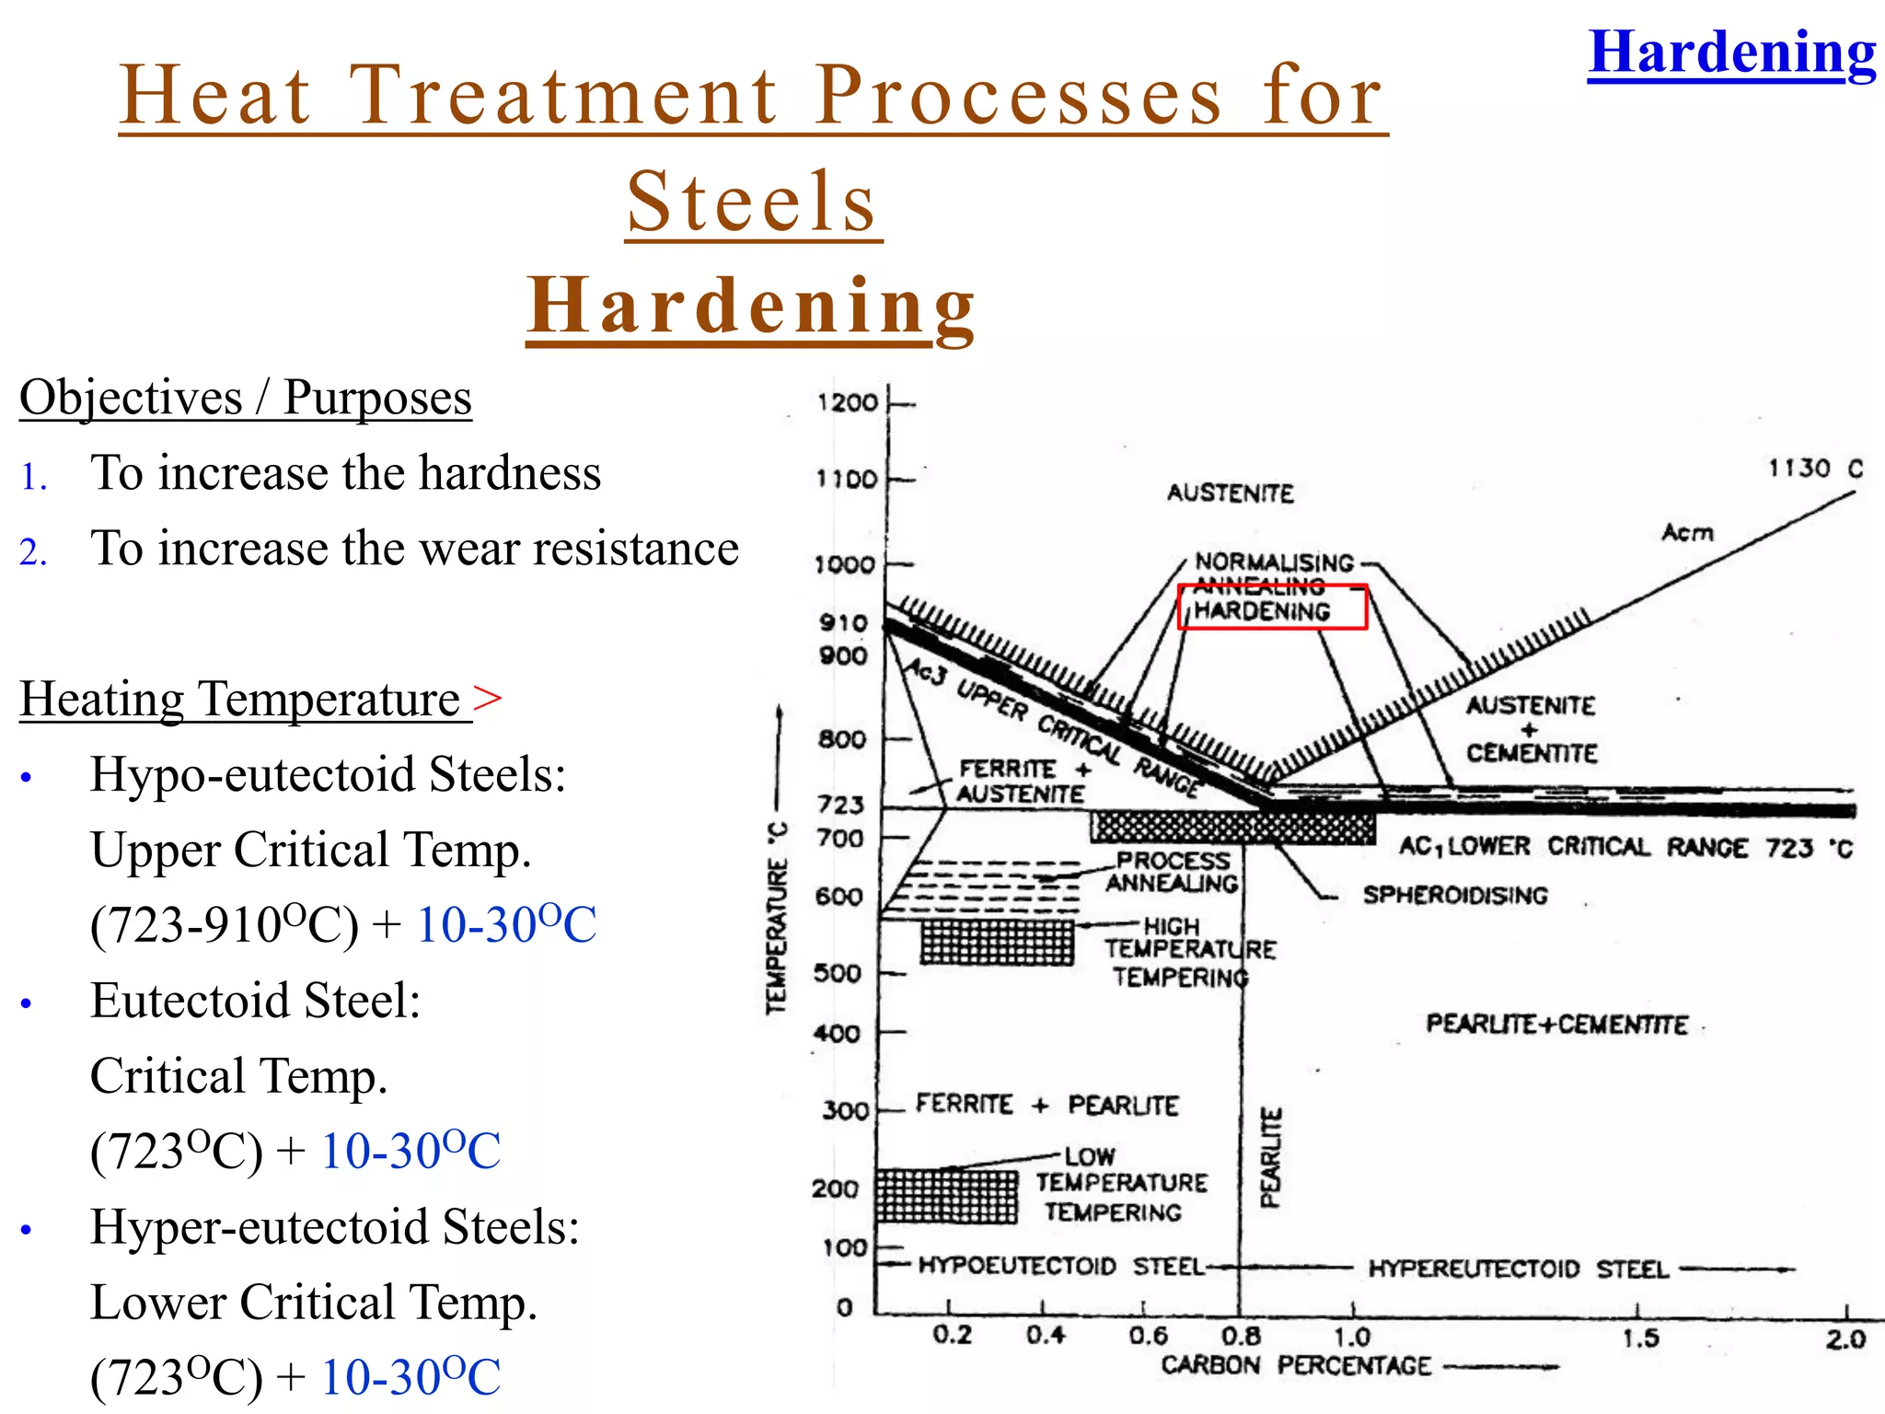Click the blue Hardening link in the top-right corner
1730,53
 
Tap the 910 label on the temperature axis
843,623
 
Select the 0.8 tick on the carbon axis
1241,1336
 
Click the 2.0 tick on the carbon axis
1845,1339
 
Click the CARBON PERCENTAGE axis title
1295,1365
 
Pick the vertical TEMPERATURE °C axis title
779,917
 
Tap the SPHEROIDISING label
1455,895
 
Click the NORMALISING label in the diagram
1274,562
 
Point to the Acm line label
1687,532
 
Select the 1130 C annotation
1814,469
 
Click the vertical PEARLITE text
1270,1157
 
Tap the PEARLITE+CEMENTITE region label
1556,1025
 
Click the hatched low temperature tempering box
946,1196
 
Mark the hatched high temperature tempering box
998,942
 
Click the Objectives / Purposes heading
246,398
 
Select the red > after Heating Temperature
488,697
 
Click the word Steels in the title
752,202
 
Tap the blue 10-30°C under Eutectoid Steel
411,1151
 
